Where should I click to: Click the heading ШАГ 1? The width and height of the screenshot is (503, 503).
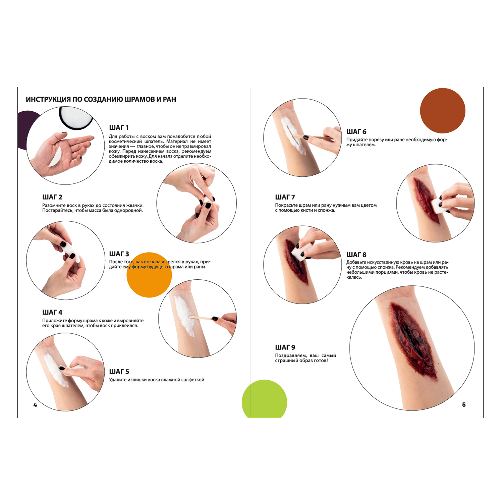click(119, 128)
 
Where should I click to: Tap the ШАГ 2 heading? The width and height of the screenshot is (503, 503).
click(52, 197)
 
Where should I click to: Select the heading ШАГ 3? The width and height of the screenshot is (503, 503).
click(119, 254)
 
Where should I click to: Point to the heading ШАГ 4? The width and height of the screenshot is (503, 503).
click(52, 313)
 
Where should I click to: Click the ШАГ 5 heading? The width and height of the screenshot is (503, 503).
click(119, 372)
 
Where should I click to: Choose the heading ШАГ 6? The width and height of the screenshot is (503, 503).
click(356, 132)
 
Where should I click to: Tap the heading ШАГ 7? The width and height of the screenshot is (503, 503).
click(285, 197)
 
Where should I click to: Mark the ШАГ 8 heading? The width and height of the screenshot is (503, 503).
click(356, 255)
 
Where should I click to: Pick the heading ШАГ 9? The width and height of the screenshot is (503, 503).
click(285, 347)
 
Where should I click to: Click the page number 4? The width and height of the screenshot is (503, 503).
click(35, 405)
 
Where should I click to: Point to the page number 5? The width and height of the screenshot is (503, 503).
click(464, 405)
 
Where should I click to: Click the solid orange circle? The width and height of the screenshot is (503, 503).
click(149, 275)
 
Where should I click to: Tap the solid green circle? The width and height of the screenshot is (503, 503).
click(264, 399)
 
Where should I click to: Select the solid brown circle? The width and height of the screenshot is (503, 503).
click(443, 111)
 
